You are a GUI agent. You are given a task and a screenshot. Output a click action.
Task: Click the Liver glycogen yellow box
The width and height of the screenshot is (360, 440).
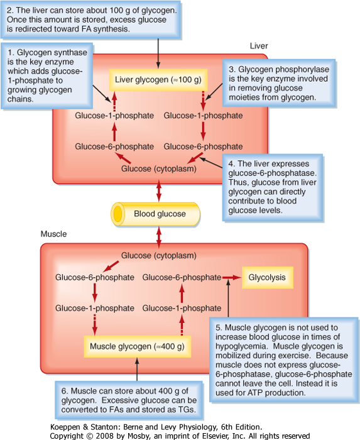(x=158, y=80)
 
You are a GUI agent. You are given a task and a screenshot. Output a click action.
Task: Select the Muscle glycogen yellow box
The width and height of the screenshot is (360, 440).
(x=138, y=346)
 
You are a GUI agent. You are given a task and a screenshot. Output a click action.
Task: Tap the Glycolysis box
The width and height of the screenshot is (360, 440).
(x=267, y=278)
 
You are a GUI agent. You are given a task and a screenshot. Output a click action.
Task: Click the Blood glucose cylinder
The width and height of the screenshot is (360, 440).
(x=156, y=214)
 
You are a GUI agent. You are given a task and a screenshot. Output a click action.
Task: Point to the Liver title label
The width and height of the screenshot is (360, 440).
(x=259, y=46)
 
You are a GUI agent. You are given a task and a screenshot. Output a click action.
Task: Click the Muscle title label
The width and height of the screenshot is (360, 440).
(x=53, y=234)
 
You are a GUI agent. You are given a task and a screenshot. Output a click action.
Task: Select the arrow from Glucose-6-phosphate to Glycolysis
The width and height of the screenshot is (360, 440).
(x=232, y=278)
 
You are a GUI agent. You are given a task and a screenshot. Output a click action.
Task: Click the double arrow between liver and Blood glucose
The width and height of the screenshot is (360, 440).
(x=159, y=191)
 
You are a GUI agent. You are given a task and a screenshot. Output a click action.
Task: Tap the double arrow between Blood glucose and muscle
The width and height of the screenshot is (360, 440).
(x=159, y=238)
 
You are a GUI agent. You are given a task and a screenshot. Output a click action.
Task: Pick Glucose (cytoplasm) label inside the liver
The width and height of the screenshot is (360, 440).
(x=159, y=169)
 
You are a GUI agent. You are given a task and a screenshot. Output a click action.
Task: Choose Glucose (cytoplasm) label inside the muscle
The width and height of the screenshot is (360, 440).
(x=159, y=256)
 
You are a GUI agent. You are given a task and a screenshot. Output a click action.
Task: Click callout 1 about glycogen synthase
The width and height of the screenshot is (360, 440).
(x=47, y=76)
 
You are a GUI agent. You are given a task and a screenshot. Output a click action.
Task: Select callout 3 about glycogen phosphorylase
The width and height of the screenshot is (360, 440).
(x=279, y=83)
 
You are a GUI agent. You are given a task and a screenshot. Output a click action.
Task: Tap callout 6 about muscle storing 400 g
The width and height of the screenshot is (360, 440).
(x=129, y=400)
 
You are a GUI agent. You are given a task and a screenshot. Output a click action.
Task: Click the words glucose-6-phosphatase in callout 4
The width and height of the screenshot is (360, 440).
(x=272, y=173)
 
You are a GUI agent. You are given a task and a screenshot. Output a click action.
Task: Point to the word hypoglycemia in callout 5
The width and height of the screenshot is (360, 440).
(x=241, y=346)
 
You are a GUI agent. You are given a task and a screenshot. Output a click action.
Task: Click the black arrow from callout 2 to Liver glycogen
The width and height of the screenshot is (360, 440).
(x=158, y=53)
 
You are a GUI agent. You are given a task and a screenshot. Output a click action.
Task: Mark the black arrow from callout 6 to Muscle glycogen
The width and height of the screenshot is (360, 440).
(x=137, y=369)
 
